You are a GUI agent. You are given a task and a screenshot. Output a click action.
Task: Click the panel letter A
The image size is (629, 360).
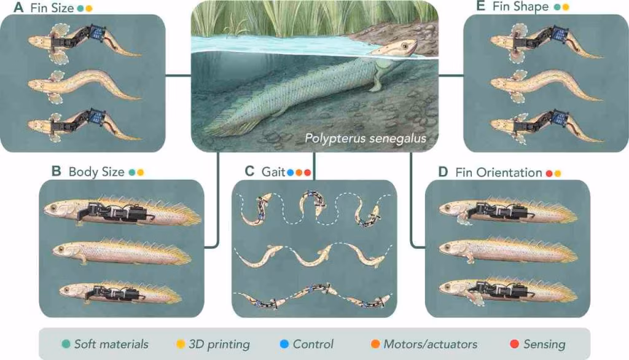pos(18,7)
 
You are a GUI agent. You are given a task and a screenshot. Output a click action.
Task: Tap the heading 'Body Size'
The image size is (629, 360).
pos(96,172)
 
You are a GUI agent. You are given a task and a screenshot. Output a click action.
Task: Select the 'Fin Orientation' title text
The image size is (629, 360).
pos(499,173)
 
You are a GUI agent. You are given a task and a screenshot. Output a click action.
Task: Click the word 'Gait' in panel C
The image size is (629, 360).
pos(273,172)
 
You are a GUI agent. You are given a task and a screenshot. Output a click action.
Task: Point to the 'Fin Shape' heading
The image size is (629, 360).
pos(520,6)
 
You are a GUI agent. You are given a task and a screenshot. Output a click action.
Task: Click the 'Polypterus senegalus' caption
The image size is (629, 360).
pos(365,138)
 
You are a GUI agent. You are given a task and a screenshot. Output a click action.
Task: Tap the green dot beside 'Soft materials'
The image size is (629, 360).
pos(66,344)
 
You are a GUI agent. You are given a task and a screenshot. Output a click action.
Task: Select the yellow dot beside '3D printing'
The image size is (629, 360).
pos(181,344)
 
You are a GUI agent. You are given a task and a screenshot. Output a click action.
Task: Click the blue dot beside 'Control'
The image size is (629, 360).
pos(284,344)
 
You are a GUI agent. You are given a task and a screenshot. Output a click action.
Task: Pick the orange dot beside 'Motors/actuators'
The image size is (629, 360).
pos(375,344)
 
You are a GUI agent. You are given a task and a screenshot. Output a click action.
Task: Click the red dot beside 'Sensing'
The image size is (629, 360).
pos(514,344)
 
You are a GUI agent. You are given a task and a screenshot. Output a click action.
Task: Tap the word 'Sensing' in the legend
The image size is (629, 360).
pos(544,345)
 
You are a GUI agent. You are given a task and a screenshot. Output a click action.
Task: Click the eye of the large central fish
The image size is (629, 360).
pos(404,46)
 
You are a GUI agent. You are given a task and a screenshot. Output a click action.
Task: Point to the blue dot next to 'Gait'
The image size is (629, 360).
pos(291,173)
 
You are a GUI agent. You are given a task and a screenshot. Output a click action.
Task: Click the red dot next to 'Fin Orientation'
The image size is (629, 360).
pos(549,173)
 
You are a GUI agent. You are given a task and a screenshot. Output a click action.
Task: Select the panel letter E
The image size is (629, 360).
pos(480,6)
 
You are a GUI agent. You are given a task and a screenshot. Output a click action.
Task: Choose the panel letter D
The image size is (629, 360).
pos(443,172)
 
